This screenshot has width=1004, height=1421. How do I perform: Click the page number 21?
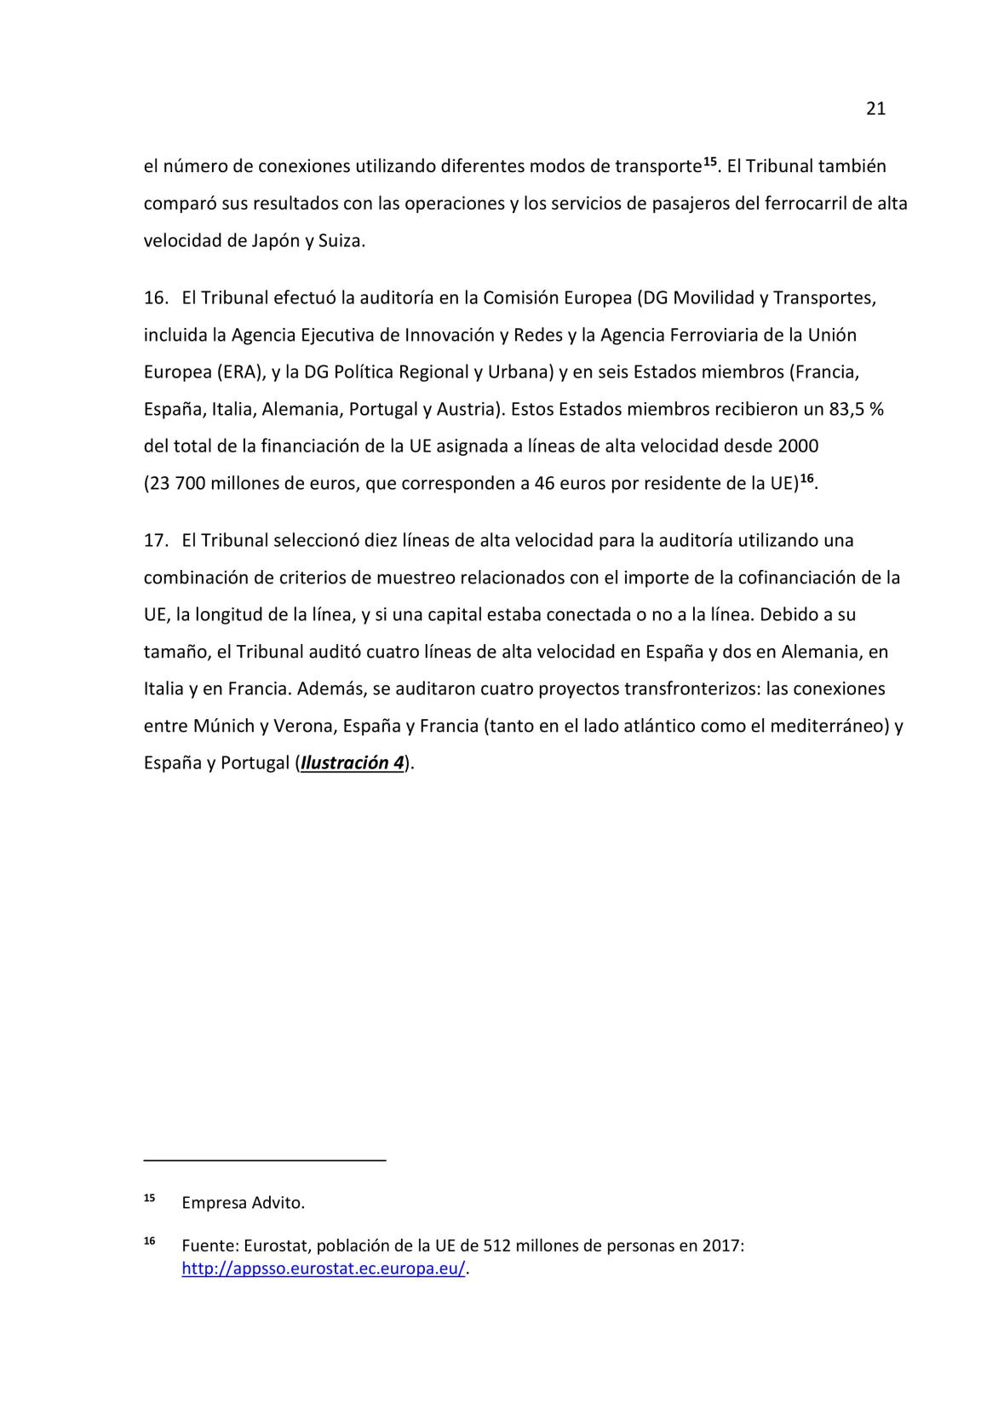tap(875, 108)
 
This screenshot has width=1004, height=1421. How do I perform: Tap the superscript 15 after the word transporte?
tap(710, 161)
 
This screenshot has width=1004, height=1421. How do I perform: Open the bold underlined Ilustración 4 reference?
tap(353, 762)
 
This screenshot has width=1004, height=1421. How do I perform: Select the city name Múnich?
tap(224, 726)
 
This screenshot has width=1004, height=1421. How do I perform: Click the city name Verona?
tap(301, 726)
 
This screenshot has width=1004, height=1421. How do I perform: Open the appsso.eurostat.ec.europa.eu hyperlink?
tap(324, 1269)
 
